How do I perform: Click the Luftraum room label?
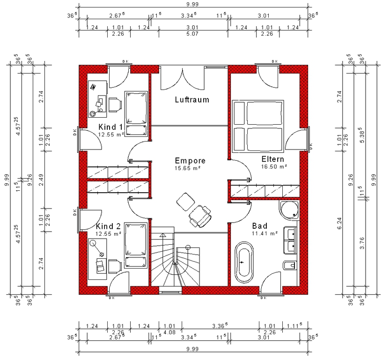[192, 99]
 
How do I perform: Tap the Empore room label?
[190, 161]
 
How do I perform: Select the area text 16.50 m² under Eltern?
[274, 166]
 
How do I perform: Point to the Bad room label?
[260, 226]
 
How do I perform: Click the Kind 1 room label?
[110, 127]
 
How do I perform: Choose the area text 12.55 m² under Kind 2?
[109, 234]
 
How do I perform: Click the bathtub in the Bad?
[244, 262]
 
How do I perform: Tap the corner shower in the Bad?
[289, 210]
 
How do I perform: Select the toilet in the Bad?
[290, 265]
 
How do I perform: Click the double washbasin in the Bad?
[290, 240]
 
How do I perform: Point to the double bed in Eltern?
[258, 126]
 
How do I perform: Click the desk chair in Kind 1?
[115, 105]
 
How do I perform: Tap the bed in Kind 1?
[136, 114]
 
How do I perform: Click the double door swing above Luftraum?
[183, 78]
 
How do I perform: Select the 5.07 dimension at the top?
[192, 34]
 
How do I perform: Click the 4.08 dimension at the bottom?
[169, 332]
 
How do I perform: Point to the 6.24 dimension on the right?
[339, 223]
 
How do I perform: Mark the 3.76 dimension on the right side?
[362, 243]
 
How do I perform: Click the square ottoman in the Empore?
[185, 202]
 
